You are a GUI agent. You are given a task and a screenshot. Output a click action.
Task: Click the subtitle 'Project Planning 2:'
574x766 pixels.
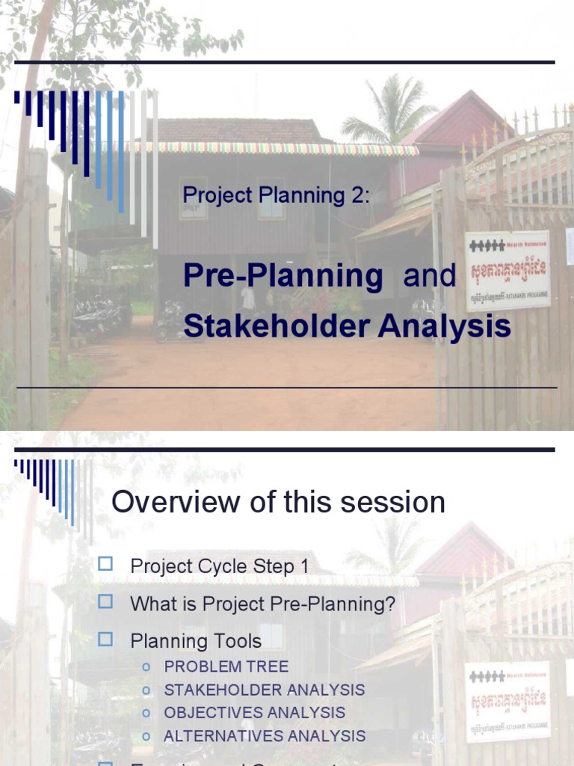pos(277,196)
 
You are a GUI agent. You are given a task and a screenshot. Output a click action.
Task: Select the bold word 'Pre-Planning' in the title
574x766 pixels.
pos(283,276)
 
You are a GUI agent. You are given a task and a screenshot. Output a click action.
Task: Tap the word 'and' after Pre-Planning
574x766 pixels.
pos(429,276)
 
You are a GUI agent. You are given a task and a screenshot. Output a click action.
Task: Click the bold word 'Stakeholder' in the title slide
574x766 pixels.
pos(277,326)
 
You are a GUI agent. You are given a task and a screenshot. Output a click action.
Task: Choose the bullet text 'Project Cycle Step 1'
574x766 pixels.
pos(219,566)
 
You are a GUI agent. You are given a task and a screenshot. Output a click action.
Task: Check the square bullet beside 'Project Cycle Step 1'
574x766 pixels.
pos(105,565)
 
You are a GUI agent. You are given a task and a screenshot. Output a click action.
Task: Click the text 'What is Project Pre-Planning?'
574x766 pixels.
pos(262,604)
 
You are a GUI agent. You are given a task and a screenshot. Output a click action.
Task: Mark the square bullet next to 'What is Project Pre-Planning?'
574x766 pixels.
pos(105,602)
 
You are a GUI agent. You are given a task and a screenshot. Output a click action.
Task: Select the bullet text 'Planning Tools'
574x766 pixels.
pos(196,641)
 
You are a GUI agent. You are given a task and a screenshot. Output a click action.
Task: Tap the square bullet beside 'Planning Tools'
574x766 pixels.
pos(105,640)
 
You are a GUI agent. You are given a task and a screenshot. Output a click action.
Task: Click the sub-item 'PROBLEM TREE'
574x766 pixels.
pos(226,667)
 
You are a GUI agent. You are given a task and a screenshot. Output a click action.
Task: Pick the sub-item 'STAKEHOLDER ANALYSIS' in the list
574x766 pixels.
pos(264,690)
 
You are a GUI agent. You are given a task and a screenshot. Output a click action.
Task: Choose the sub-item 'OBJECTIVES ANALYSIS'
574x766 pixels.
pos(254,713)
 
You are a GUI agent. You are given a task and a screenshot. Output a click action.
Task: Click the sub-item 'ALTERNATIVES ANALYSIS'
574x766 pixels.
pos(265,736)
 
